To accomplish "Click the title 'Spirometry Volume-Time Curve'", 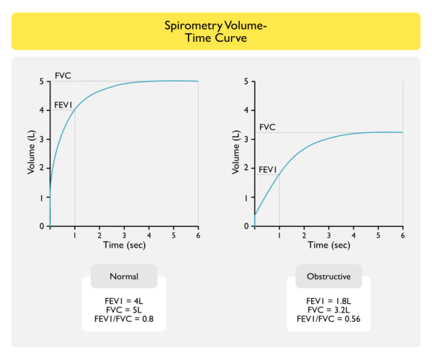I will tap(216, 32).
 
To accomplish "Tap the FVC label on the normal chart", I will tap(63, 75).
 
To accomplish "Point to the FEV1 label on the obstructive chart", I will tap(268, 169).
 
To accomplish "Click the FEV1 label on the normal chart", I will tap(64, 105).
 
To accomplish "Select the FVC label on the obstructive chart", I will tap(267, 127).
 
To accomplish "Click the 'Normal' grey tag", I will tap(124, 276).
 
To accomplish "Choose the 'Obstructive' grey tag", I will tap(328, 276).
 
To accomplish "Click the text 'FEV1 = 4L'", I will tap(124, 300).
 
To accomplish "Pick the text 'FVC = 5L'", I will tap(124, 310).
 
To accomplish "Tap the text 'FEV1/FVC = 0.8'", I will tap(124, 318).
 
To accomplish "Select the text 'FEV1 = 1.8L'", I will tap(328, 300).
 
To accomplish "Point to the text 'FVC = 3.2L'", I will tap(328, 310).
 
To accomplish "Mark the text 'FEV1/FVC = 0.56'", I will tap(328, 318).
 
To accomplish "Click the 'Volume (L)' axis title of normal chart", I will tap(32, 154).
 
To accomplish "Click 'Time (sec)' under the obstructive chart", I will tap(328, 246).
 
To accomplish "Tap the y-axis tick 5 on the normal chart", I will tap(42, 81).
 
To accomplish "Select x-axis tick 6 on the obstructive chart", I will tap(402, 235).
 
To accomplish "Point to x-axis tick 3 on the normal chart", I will tap(124, 235).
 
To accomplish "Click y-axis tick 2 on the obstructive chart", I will tap(247, 168).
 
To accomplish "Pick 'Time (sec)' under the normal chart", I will tap(124, 246).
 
